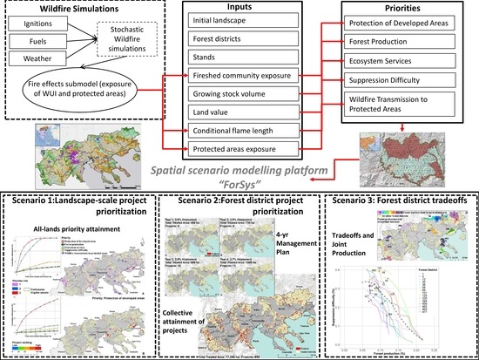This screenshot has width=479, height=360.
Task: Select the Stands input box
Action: click(x=241, y=62)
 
